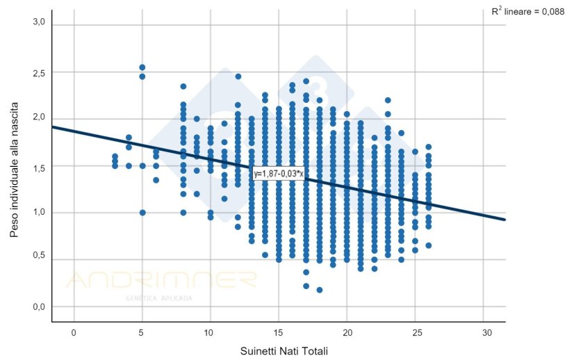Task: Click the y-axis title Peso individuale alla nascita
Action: pyautogui.click(x=15, y=168)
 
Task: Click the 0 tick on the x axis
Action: pyautogui.click(x=74, y=332)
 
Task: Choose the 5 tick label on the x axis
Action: pyautogui.click(x=142, y=332)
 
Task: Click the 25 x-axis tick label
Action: pyautogui.click(x=415, y=332)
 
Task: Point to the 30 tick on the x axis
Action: pyautogui.click(x=484, y=332)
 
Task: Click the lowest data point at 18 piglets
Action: pyautogui.click(x=320, y=290)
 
